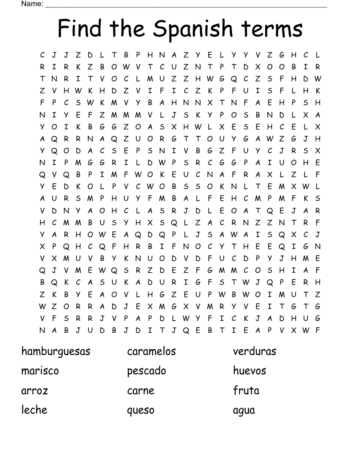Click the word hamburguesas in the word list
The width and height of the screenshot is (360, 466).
coord(56,351)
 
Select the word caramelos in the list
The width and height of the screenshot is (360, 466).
coord(151,351)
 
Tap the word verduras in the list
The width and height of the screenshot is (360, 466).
coord(255,351)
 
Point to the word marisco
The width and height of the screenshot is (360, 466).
coord(40,371)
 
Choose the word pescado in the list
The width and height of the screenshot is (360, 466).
coord(146,371)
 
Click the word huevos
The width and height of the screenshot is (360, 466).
coord(249,371)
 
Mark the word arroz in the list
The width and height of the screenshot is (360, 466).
coord(34,391)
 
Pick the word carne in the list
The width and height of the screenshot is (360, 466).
coord(141,391)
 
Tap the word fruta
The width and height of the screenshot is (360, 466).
coord(246,391)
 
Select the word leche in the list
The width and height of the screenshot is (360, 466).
coord(34,410)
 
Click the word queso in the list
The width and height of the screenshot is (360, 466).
coord(141,410)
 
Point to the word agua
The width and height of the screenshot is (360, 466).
coord(244,410)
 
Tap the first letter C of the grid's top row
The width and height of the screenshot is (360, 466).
coord(42,55)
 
